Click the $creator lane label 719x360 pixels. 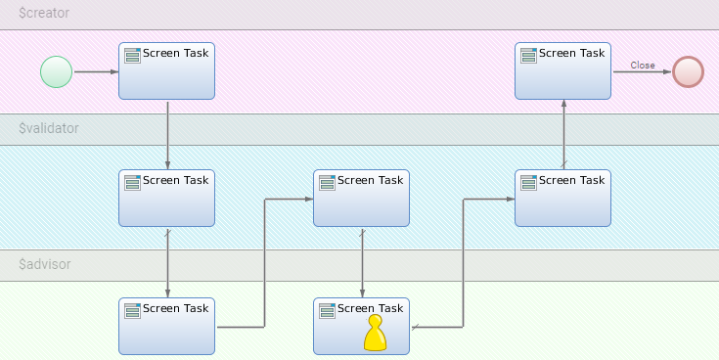point(44,15)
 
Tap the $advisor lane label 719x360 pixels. point(45,264)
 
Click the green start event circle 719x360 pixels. point(57,71)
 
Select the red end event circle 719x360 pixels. point(688,71)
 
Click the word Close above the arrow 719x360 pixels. point(643,66)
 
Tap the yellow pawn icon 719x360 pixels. point(376,334)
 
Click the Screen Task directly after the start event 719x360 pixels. point(166,71)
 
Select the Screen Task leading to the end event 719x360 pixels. point(562,71)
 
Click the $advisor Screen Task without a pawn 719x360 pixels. point(166,326)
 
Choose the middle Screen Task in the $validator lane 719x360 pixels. point(361,199)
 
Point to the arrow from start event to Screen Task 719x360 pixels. point(96,71)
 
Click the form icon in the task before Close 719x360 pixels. point(528,55)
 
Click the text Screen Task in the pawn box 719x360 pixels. point(370,308)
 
